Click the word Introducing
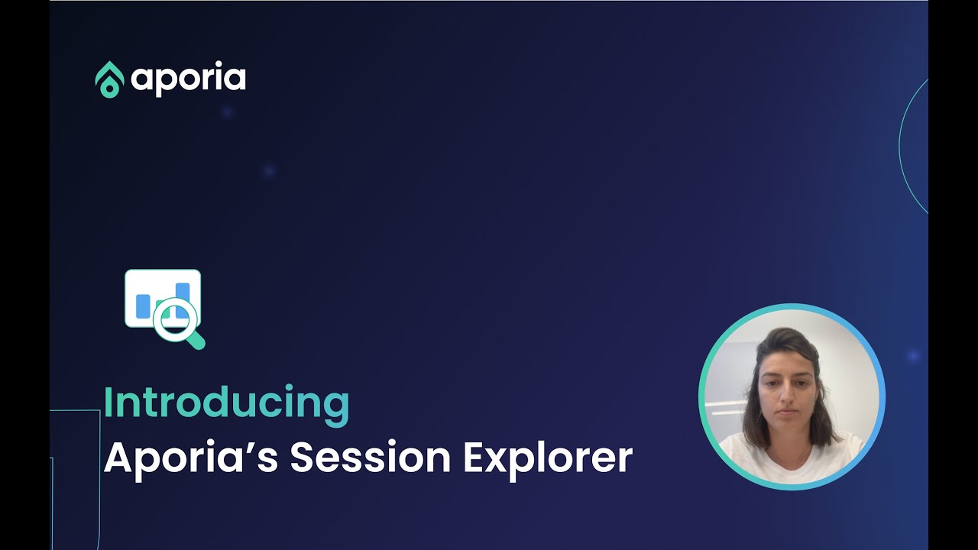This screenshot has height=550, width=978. click(226, 404)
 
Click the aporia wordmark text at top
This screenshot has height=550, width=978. click(188, 79)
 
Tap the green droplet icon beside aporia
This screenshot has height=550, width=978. click(109, 79)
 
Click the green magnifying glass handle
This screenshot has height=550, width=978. click(196, 340)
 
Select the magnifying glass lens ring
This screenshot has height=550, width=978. click(175, 318)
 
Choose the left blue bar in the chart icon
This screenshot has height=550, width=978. click(143, 306)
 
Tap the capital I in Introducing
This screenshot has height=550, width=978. click(108, 403)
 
